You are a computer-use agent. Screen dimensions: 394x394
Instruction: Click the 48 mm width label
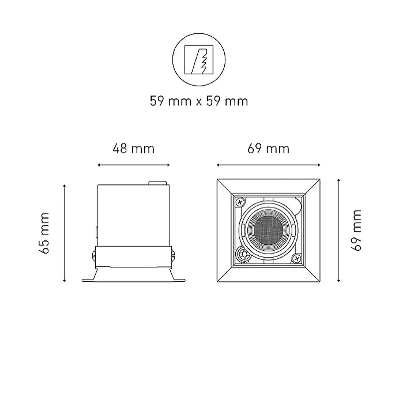pyautogui.click(x=133, y=149)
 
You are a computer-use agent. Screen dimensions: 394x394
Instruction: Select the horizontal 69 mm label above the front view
pyautogui.click(x=268, y=149)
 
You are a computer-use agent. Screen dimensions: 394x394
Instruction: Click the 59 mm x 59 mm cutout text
pyautogui.click(x=199, y=101)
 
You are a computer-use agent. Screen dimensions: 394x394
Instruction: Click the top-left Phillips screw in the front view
pyautogui.click(x=240, y=202)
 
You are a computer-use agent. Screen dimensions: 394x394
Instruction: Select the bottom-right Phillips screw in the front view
pyautogui.click(x=296, y=258)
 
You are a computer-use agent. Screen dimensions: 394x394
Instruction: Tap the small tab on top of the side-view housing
pyautogui.click(x=157, y=182)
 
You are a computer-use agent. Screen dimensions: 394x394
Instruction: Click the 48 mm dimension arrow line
pyautogui.click(x=133, y=165)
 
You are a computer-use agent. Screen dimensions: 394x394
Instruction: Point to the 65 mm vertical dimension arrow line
pyautogui.click(x=64, y=232)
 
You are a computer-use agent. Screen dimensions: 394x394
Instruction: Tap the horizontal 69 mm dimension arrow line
pyautogui.click(x=268, y=165)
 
